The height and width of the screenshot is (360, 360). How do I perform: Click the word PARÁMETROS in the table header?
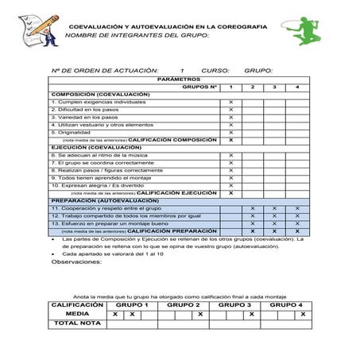point(180,79)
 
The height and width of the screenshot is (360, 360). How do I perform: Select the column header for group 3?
point(275,87)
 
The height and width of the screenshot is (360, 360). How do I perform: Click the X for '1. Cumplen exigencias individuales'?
point(230,103)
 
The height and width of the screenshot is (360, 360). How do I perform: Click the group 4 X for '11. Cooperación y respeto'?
point(297,208)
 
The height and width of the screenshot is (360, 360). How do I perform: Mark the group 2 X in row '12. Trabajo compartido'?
point(253,216)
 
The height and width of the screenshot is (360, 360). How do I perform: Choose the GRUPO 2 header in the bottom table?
point(183,305)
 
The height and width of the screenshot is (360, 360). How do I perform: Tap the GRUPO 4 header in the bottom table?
point(286,305)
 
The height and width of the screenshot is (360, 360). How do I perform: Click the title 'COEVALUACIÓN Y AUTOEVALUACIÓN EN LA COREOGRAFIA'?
point(179,26)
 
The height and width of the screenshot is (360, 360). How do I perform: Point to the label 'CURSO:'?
point(215,71)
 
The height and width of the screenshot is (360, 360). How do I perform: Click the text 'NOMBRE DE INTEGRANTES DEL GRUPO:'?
point(137,36)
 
